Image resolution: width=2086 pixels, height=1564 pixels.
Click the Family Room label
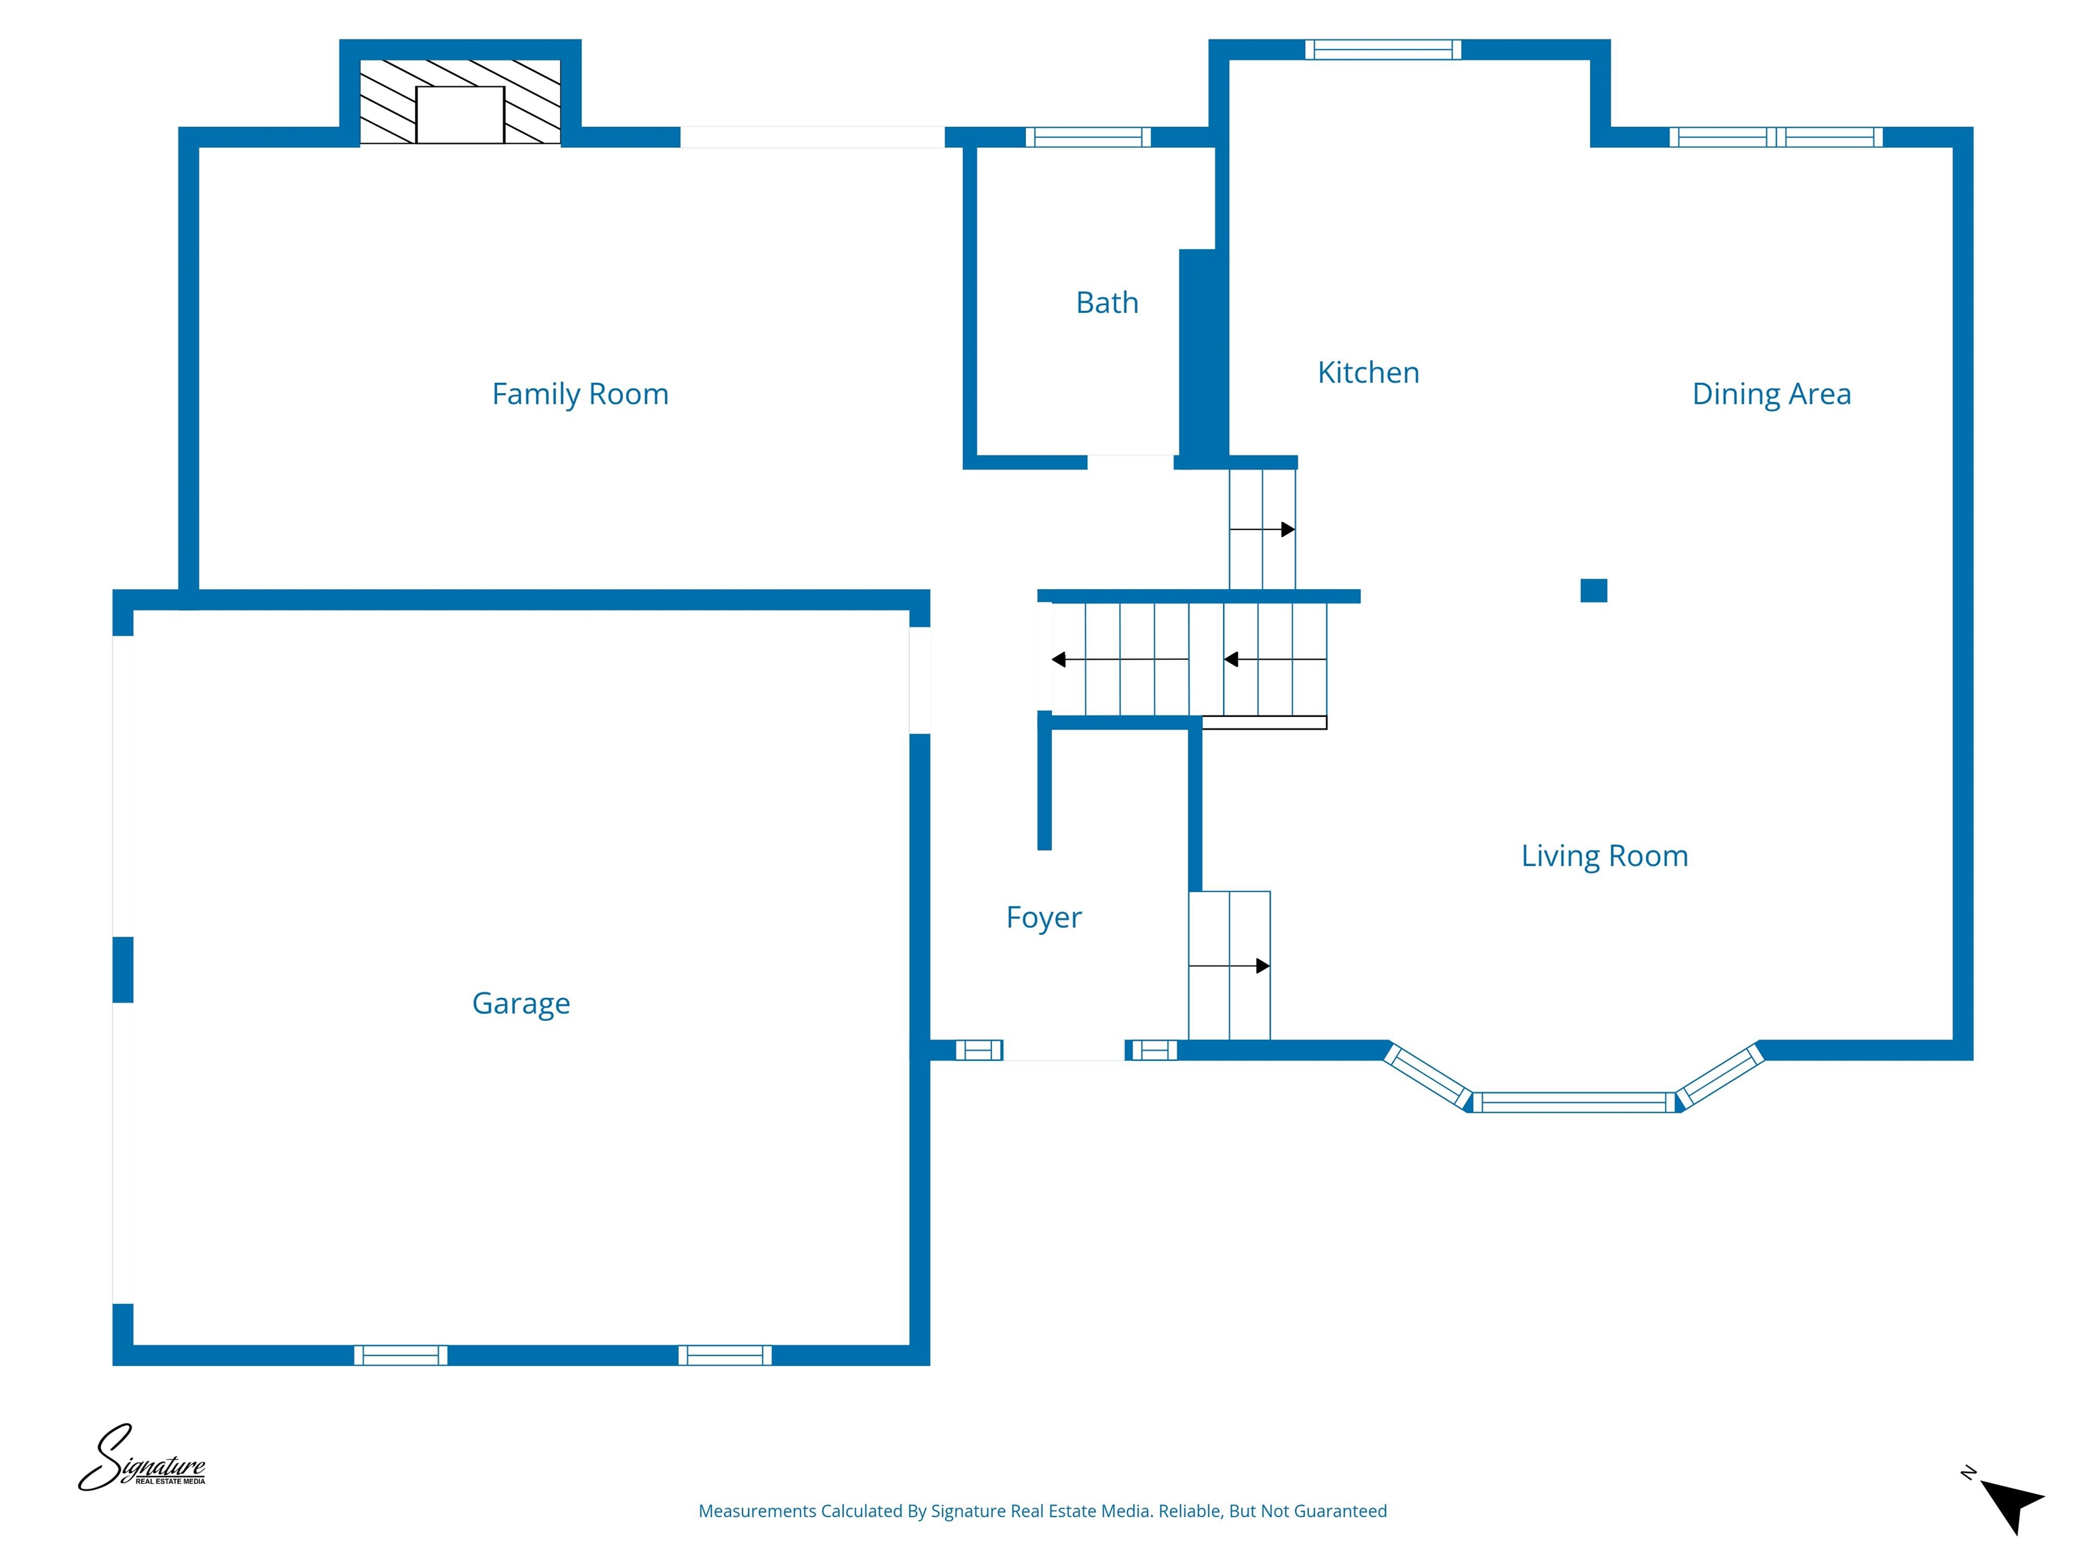[580, 394]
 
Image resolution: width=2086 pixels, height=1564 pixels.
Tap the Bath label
[1107, 303]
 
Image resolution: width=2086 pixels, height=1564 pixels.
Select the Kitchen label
[1368, 373]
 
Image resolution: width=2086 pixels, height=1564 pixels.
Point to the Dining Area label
[1771, 394]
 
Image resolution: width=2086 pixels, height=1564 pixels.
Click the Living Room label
[1604, 856]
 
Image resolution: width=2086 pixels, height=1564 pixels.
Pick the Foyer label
[1043, 917]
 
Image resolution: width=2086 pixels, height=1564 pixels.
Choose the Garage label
[521, 1003]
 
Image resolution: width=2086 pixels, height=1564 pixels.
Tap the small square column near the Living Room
[1593, 590]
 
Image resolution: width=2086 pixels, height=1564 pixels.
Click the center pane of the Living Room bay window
[1573, 1102]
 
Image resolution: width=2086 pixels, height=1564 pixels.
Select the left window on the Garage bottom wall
[401, 1356]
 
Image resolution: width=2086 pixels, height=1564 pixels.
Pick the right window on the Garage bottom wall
[725, 1356]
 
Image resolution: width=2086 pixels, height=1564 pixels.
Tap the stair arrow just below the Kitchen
[1263, 529]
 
